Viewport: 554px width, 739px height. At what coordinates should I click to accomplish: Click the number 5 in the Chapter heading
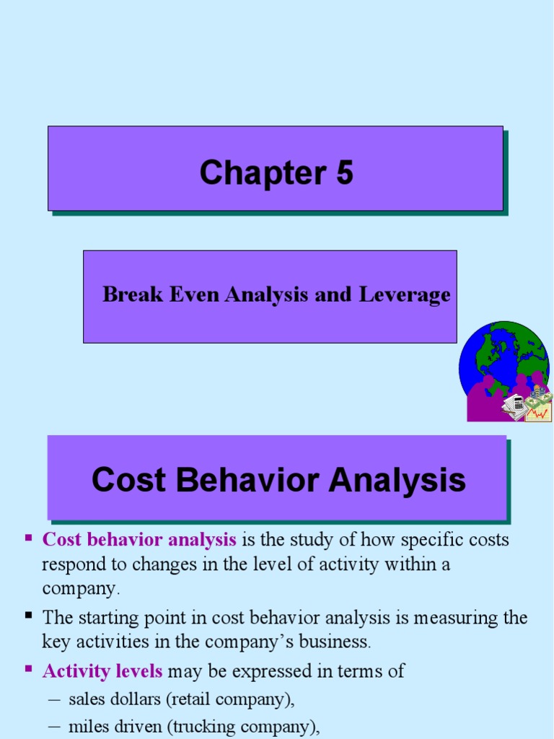[344, 173]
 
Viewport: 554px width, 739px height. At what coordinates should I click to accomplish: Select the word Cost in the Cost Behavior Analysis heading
[125, 480]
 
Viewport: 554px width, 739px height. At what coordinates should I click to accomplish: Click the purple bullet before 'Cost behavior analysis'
[29, 538]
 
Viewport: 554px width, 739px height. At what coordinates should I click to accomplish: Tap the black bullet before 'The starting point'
[29, 616]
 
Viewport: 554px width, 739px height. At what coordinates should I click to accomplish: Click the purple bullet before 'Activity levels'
[29, 669]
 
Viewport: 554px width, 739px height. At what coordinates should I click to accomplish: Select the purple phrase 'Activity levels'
[102, 671]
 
